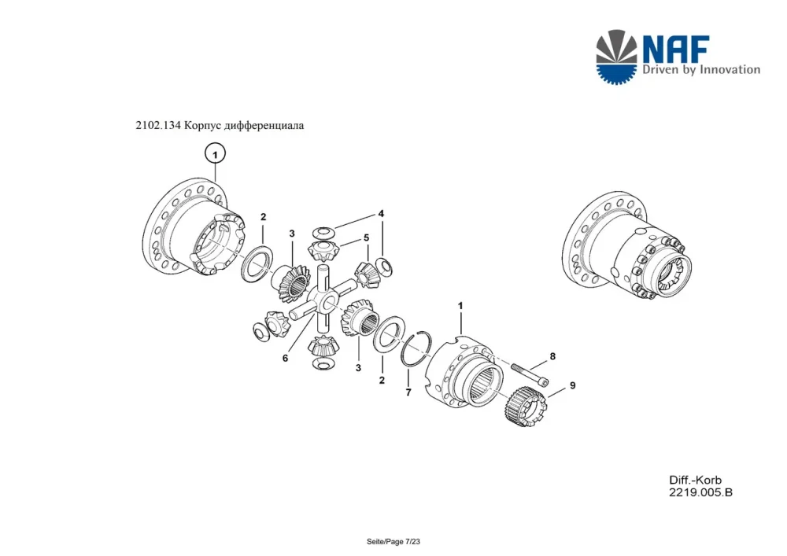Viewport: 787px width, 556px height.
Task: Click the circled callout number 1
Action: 215,154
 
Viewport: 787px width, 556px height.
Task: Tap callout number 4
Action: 381,214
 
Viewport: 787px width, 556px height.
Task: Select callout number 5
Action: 367,237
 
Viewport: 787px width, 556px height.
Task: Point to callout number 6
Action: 285,358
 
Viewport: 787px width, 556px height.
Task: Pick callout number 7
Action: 408,392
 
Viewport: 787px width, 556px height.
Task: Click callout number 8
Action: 552,356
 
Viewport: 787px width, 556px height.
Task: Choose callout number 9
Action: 572,385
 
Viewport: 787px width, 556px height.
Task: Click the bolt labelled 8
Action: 530,374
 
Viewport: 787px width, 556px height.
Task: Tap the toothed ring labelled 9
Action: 524,406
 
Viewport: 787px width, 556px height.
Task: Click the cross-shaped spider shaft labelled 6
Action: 323,300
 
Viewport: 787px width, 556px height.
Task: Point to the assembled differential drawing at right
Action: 626,245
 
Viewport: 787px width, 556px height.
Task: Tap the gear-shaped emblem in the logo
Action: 616,57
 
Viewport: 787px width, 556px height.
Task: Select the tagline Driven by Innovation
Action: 701,70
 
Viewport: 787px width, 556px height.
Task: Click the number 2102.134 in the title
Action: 157,125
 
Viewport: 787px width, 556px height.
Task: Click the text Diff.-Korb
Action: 695,480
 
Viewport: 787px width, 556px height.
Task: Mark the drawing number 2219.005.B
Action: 700,492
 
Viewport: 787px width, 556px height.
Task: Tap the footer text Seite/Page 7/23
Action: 393,542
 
